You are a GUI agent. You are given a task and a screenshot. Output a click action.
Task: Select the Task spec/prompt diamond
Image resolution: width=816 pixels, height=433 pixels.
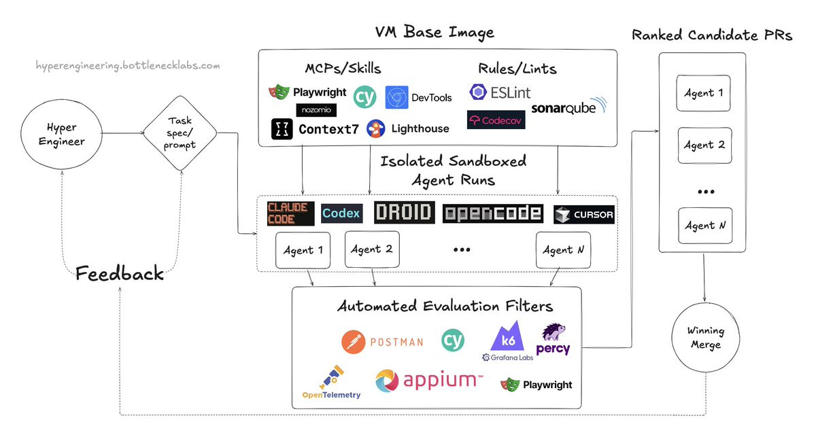180,135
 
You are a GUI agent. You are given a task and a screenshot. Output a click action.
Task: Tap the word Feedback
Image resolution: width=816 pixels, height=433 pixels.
120,274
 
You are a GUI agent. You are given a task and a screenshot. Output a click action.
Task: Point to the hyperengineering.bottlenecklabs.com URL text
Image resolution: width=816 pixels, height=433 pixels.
128,66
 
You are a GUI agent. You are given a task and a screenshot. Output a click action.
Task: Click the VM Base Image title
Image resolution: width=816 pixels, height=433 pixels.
435,32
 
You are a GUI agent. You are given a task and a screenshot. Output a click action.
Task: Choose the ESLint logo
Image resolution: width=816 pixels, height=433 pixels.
500,92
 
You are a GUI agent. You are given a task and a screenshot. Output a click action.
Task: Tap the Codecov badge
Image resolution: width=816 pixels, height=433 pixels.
496,120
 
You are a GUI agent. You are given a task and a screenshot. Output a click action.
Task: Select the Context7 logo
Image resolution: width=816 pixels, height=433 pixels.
315,129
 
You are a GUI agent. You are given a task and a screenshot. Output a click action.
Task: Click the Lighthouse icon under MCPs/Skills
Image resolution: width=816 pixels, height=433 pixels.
375,128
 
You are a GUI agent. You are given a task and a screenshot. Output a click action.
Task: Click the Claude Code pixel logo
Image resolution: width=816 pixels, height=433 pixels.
290,213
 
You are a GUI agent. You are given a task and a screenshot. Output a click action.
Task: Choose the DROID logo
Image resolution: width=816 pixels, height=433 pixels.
404,213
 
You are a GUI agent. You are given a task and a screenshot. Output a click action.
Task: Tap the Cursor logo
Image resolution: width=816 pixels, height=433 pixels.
583,214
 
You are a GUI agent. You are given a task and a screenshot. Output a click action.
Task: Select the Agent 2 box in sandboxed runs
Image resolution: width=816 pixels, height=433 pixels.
371,249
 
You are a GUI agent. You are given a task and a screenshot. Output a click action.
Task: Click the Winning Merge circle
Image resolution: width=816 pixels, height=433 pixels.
705,337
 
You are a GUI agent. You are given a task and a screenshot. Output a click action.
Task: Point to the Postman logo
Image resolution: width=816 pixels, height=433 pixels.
382,341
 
